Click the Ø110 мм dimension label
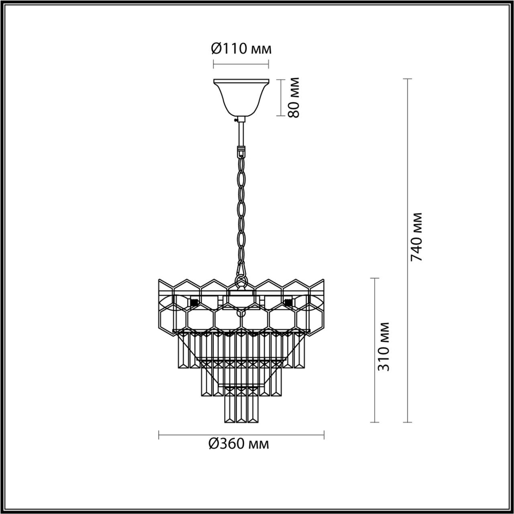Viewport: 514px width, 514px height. point(241,49)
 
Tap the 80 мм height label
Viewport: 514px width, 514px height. point(294,98)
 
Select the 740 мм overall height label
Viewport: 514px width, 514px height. point(417,236)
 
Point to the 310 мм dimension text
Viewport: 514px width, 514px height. point(383,346)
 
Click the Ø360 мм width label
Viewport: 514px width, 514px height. point(238,444)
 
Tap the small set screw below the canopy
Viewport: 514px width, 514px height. point(235,120)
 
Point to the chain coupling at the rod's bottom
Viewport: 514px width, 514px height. point(241,153)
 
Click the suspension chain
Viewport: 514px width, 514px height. point(241,216)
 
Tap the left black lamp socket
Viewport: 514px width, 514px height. point(194,302)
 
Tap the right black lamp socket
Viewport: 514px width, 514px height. point(288,302)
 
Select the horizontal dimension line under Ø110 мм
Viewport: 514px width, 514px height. point(241,65)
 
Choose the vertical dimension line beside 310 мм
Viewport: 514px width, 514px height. point(375,350)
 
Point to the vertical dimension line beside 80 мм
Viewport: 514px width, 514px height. point(281,98)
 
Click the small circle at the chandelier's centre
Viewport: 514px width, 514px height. point(240,311)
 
